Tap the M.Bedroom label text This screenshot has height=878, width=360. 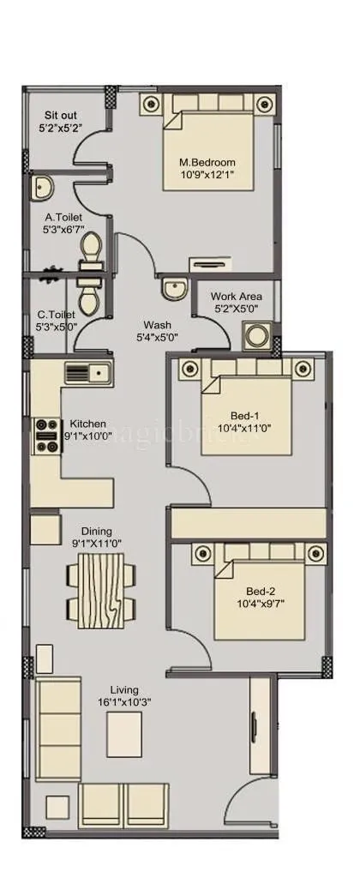point(207,162)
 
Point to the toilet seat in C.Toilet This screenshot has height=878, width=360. point(89,298)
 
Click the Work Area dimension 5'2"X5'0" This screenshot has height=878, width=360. point(237,309)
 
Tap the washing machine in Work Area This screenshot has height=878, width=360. point(256,334)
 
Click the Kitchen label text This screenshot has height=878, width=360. point(88,424)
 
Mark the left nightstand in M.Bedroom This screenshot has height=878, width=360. point(152,104)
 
